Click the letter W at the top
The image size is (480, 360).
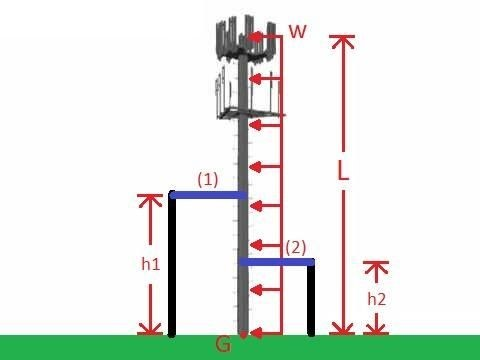pyautogui.click(x=297, y=31)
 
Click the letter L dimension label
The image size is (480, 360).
pyautogui.click(x=343, y=171)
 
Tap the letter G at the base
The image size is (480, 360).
pyautogui.click(x=224, y=346)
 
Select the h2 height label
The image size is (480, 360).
pyautogui.click(x=375, y=298)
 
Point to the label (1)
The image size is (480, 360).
pyautogui.click(x=207, y=179)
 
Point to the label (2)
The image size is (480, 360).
pyautogui.click(x=296, y=246)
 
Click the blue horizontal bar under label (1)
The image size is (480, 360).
pyautogui.click(x=208, y=195)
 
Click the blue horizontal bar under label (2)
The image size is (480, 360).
pyautogui.click(x=277, y=262)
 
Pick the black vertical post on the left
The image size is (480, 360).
pyautogui.click(x=172, y=265)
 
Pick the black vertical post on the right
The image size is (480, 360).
pyautogui.click(x=312, y=298)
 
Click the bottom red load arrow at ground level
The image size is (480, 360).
pyautogui.click(x=264, y=332)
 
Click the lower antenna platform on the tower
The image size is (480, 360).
pyautogui.click(x=240, y=92)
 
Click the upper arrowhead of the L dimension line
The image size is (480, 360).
pyautogui.click(x=343, y=41)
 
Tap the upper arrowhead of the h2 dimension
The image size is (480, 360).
pyautogui.click(x=376, y=266)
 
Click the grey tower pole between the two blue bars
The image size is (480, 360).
pyautogui.click(x=243, y=228)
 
